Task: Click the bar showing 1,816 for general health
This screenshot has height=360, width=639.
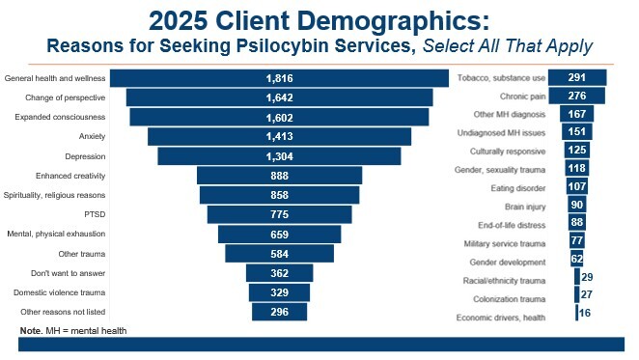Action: pyautogui.click(x=279, y=78)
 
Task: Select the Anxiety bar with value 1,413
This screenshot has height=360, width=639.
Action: pyautogui.click(x=279, y=137)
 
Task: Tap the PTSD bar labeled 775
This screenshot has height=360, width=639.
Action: pyautogui.click(x=279, y=214)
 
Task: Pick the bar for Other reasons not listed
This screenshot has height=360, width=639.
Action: pyautogui.click(x=279, y=312)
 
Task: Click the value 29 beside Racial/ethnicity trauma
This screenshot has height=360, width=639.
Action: pyautogui.click(x=587, y=277)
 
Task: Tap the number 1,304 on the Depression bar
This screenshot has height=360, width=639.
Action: pyautogui.click(x=279, y=156)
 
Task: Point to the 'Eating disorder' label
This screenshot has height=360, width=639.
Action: pyautogui.click(x=517, y=187)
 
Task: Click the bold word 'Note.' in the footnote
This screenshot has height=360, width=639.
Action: pyautogui.click(x=31, y=331)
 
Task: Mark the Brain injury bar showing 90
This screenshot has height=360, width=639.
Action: pyautogui.click(x=576, y=206)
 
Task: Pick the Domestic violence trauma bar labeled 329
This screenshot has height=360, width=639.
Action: pyautogui.click(x=279, y=292)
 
